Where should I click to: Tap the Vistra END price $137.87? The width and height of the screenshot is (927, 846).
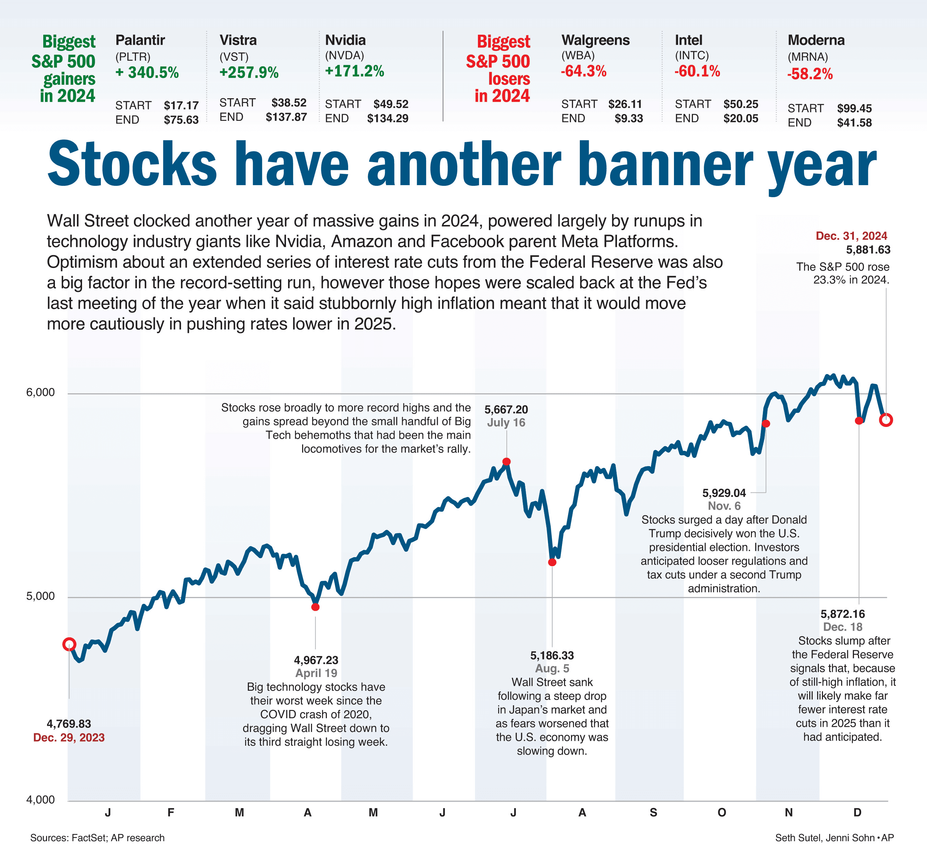point(286,117)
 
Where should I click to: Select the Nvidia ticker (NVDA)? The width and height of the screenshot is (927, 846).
point(344,56)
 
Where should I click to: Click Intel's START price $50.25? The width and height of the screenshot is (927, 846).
point(740,104)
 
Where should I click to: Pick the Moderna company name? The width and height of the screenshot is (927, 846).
point(816,40)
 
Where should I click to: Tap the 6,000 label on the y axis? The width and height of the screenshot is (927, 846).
point(41,392)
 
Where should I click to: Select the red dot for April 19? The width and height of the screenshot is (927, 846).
point(316,607)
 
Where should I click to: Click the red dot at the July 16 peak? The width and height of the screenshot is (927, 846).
point(506,461)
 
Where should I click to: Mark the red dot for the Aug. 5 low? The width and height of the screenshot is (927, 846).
point(552,562)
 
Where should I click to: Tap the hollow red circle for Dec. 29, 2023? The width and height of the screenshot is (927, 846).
point(69,644)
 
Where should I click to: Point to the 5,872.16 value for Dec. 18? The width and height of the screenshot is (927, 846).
point(843,614)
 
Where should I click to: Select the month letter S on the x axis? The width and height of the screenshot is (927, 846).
point(653,812)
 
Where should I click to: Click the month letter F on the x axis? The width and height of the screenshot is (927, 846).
point(171,812)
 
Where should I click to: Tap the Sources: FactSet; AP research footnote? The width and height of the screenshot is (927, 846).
point(98,838)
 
